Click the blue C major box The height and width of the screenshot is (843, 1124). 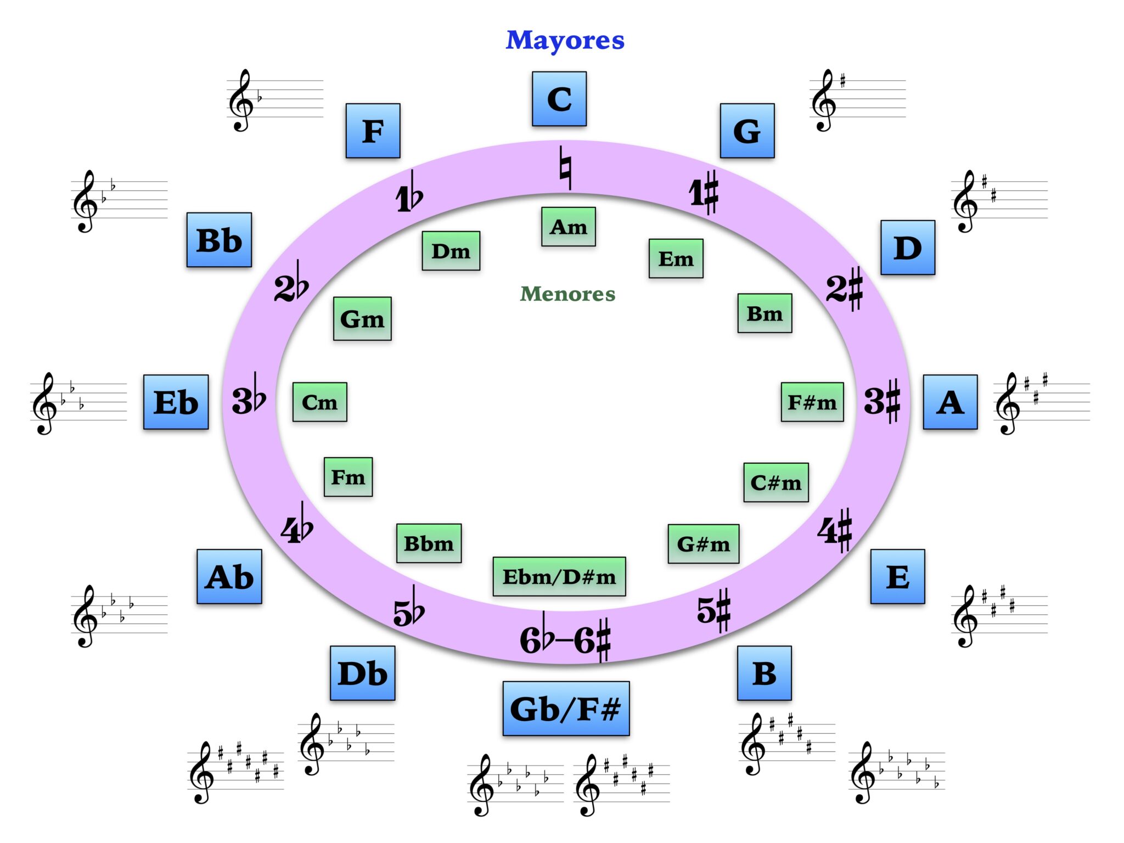[559, 99]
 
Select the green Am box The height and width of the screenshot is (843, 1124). [568, 227]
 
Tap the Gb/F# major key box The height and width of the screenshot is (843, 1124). [565, 709]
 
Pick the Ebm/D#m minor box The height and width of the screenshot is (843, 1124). [559, 576]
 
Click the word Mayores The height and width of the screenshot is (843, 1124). [565, 40]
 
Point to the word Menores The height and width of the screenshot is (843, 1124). [567, 294]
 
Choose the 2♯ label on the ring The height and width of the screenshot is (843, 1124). [845, 288]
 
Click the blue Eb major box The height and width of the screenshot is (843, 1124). [176, 402]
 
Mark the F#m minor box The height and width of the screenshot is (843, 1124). [812, 402]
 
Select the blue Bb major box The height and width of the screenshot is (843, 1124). [219, 240]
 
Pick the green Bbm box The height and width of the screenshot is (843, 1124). [429, 543]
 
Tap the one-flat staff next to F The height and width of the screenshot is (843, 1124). [274, 100]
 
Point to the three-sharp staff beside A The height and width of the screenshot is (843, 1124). [1041, 403]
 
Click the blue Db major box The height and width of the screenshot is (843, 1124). [362, 673]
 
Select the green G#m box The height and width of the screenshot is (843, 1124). [703, 544]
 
